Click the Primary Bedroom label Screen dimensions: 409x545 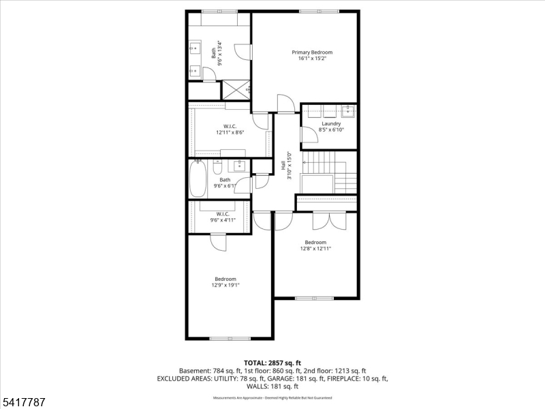pyautogui.click(x=312, y=52)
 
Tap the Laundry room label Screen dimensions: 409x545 pyautogui.click(x=331, y=123)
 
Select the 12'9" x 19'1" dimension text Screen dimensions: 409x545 pyautogui.click(x=225, y=285)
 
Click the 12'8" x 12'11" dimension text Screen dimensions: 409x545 pyautogui.click(x=315, y=249)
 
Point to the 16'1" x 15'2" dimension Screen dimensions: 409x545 pyautogui.click(x=312, y=59)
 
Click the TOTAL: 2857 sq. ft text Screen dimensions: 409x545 pyautogui.click(x=272, y=363)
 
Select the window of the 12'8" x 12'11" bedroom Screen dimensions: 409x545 pyautogui.click(x=315, y=297)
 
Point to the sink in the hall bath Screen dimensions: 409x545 pyautogui.click(x=240, y=166)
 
